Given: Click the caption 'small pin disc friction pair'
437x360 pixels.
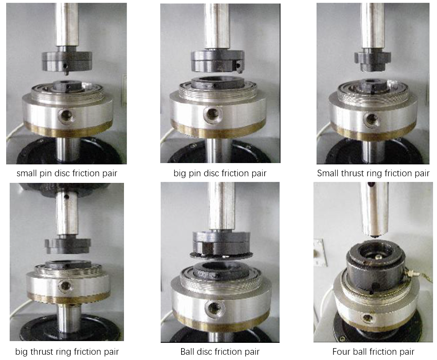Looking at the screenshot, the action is coord(67,173).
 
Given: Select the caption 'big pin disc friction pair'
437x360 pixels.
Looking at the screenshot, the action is coord(220,173).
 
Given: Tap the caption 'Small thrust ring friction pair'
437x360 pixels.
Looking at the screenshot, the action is coord(373,173).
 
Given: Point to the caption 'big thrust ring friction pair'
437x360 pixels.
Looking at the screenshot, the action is coord(67,352).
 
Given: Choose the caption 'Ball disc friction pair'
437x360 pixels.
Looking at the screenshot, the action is coord(220,352).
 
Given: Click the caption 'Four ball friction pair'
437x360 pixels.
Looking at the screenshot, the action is coord(373,352).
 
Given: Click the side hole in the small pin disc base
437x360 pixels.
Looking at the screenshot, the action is coord(66,115).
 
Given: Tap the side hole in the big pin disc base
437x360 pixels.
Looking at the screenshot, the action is coord(213,114).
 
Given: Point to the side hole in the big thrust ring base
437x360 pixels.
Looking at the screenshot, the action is coord(66,286).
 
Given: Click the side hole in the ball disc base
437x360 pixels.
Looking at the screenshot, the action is coord(214,309).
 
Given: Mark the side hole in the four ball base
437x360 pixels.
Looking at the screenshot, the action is coord(368,318).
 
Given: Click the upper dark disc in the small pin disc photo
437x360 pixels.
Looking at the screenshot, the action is coord(67,61).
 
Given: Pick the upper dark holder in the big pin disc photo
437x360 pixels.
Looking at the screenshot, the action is coord(218,61).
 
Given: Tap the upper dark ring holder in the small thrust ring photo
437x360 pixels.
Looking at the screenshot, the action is coord(372,60).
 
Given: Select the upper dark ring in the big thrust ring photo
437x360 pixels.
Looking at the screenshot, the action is coord(68,246).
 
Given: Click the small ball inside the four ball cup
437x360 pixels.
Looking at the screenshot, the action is coord(378,257).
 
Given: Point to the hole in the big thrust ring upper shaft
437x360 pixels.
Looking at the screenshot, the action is coord(67,197).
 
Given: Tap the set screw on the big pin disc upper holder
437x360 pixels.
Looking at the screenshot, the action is coord(238,66).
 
